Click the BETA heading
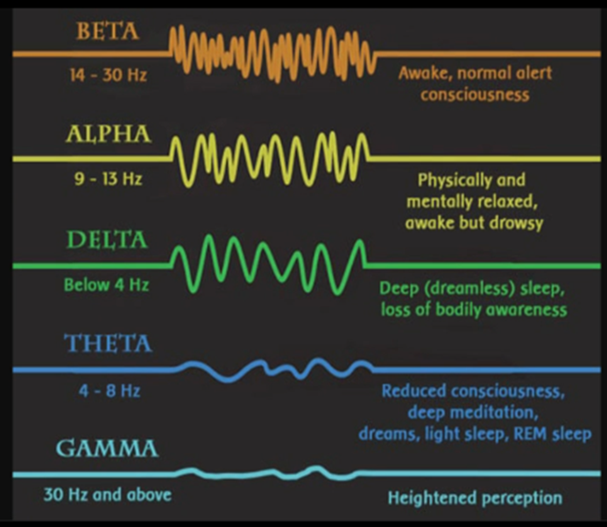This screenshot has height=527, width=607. [108, 32]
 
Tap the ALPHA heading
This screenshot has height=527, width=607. [109, 135]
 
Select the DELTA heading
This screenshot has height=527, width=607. [107, 240]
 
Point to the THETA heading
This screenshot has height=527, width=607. [108, 343]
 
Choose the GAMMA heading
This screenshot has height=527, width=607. [107, 448]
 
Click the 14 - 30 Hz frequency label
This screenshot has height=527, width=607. [109, 74]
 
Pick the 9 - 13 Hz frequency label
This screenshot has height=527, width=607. [109, 179]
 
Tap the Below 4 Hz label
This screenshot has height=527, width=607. [107, 285]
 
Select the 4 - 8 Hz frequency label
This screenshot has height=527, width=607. [109, 390]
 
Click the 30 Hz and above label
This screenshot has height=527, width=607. [108, 495]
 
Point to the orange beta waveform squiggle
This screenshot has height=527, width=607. [272, 53]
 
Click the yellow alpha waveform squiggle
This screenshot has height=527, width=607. [270, 158]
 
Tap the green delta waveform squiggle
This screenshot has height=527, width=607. [268, 264]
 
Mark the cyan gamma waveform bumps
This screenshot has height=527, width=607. [267, 473]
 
